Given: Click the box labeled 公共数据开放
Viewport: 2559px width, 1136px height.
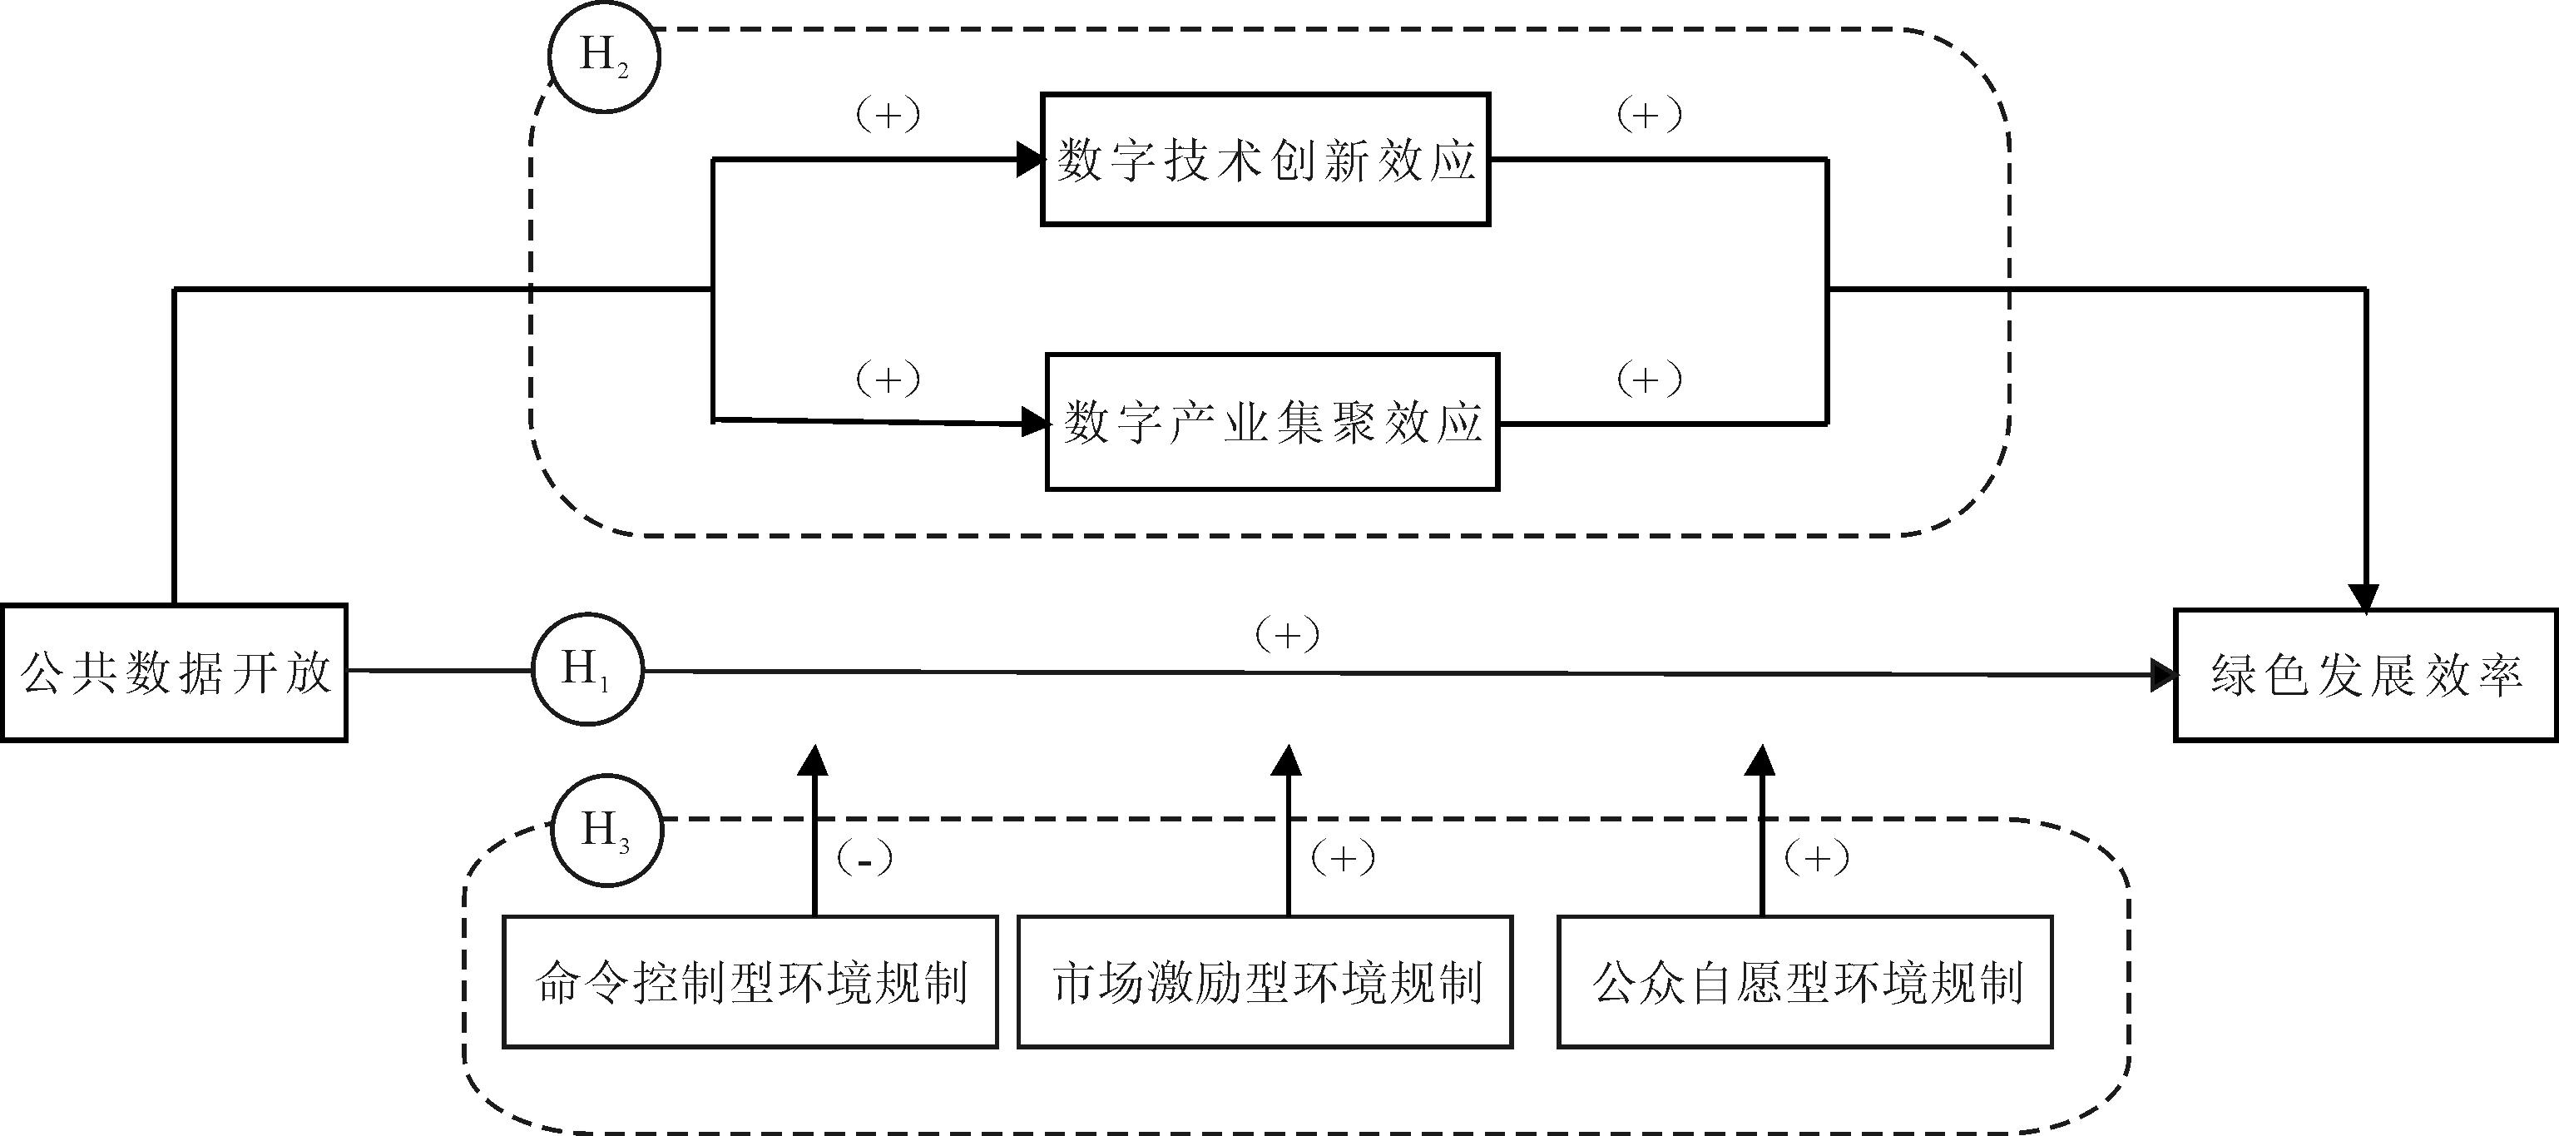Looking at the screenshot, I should (x=174, y=672).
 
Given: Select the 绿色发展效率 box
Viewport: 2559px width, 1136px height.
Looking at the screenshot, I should (x=2365, y=676).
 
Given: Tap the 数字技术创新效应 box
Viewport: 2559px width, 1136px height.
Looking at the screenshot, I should (x=1265, y=160).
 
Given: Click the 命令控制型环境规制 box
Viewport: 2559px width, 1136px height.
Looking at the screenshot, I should (x=750, y=982).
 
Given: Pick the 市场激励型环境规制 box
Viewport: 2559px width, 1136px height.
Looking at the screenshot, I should (x=1265, y=982).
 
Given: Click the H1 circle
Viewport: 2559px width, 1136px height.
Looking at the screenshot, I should (x=587, y=671).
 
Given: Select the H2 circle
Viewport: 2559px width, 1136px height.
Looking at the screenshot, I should (x=604, y=57).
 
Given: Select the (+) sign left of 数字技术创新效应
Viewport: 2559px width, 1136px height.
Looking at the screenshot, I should (x=887, y=116).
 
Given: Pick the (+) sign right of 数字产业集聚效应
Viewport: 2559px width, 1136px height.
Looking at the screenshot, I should (x=1649, y=379).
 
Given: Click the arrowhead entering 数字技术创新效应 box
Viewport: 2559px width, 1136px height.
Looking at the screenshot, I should (x=1030, y=159).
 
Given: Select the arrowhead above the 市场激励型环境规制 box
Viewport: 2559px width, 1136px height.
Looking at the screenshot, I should (x=1288, y=761).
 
